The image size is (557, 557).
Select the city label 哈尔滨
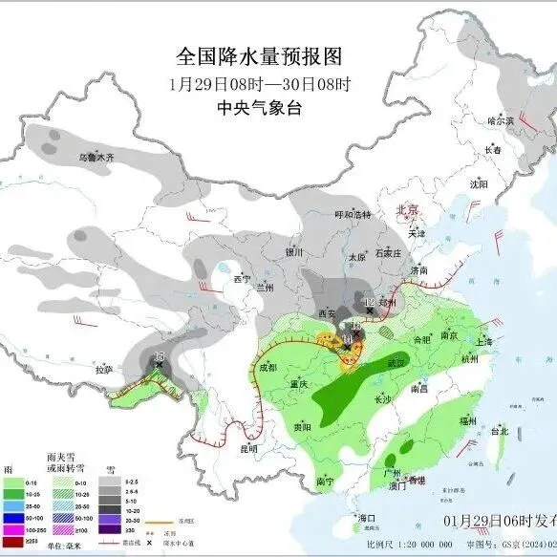pyautogui.click(x=501, y=121)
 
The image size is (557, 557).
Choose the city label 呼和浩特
pyautogui.click(x=351, y=216)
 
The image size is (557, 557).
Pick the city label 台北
pyautogui.click(x=500, y=431)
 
